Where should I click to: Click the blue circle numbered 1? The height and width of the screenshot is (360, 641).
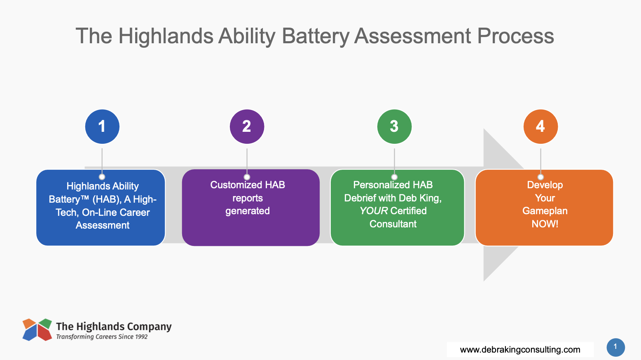click(x=102, y=126)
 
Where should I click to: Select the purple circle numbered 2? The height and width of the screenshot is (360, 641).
click(x=247, y=126)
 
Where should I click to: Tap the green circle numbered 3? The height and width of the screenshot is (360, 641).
click(x=394, y=126)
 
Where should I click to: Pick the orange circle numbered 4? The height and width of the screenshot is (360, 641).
click(x=540, y=126)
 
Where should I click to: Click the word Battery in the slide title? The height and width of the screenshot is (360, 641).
click(x=315, y=37)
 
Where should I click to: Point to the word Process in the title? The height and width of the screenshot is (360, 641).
click(x=515, y=36)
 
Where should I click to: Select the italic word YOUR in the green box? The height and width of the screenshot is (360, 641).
click(x=374, y=211)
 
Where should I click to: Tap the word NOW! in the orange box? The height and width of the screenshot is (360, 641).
click(x=545, y=224)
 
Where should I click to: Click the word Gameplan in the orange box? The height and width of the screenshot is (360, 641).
click(x=545, y=211)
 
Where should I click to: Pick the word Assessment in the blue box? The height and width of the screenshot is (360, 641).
click(x=103, y=225)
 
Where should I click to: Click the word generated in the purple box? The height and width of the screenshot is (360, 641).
click(x=248, y=211)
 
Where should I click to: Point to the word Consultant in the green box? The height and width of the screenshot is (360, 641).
click(x=393, y=224)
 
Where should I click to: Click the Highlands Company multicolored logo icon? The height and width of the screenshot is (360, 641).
click(x=37, y=330)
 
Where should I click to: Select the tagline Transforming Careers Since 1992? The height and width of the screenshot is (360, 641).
click(x=102, y=337)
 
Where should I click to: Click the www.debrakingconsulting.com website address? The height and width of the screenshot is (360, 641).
click(x=520, y=349)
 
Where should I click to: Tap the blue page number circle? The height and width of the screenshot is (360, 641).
click(x=616, y=347)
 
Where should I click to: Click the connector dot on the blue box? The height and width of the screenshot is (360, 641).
click(x=102, y=177)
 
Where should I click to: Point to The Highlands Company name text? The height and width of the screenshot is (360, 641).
click(x=114, y=327)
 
